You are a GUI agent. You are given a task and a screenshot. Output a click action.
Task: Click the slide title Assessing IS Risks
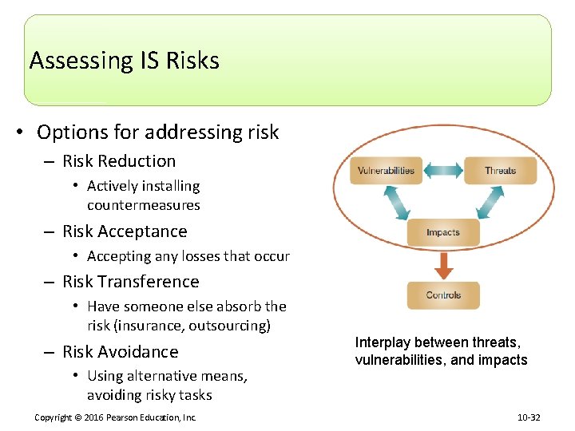tap(124, 61)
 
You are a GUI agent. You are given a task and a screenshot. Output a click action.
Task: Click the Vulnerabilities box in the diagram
tap(386, 170)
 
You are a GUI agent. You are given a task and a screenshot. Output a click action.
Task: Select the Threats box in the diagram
tap(501, 170)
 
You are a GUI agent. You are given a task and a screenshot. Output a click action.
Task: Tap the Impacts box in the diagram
tap(443, 232)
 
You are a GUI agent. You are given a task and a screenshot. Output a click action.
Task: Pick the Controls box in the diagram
tap(443, 295)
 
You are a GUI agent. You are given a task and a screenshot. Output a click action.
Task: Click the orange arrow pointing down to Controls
tap(443, 263)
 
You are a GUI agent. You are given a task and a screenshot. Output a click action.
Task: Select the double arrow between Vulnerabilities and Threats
tap(442, 170)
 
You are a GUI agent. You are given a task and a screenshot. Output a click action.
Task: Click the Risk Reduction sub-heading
tap(119, 161)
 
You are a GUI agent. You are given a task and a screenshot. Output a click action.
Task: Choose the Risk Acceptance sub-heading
tap(125, 231)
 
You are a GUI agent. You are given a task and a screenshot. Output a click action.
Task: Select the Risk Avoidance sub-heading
tap(121, 352)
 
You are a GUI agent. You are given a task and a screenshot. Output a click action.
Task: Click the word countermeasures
tap(144, 205)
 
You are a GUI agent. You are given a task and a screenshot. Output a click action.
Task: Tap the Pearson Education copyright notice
tap(116, 417)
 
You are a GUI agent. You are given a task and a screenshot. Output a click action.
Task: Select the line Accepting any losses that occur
tap(188, 256)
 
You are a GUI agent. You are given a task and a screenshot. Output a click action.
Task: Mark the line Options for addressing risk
tap(158, 132)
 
